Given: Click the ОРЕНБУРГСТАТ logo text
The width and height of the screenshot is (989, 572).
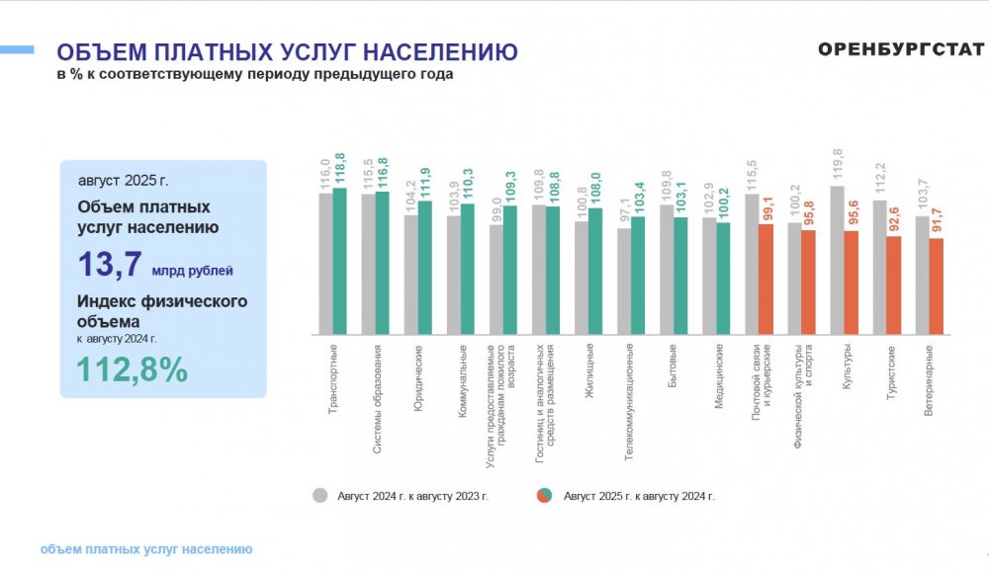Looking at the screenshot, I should tap(901, 50).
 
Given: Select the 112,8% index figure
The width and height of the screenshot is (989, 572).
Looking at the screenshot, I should tap(133, 369).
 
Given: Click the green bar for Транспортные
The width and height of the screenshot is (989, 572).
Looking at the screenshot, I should tap(340, 261).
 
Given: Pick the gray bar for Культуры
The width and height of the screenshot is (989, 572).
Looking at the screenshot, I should tap(838, 260).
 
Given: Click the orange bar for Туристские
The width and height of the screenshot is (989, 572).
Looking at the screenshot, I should tap(894, 285).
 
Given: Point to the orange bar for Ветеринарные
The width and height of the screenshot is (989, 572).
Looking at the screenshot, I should tap(937, 286).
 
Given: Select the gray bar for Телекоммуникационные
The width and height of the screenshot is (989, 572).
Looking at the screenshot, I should tap(623, 282).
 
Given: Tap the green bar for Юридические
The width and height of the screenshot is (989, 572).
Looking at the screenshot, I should tap(425, 268).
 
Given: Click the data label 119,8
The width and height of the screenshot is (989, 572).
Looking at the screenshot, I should tap(837, 166).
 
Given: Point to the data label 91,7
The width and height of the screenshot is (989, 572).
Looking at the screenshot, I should tap(937, 220).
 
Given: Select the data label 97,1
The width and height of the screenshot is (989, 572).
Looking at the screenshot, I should tap(623, 209).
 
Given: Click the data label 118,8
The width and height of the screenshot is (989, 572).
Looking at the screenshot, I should tap(340, 169).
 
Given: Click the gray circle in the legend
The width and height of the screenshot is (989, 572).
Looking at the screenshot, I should tap(320, 496).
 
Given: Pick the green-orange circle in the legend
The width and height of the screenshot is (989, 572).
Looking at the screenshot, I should tap(544, 496).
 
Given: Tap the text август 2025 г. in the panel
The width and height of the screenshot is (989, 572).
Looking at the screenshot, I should tap(124, 182).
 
